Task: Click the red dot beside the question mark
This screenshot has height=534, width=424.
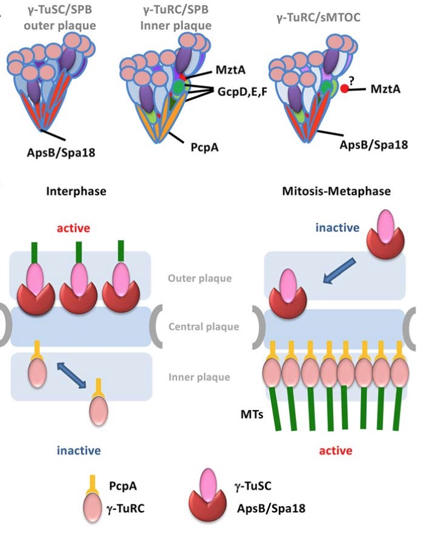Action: click(344, 89)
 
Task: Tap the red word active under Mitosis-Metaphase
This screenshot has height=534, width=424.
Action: click(334, 451)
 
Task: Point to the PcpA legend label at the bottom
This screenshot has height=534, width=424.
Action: click(125, 485)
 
